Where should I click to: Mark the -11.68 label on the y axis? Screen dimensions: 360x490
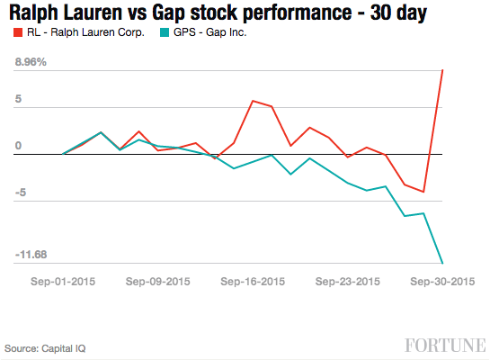tap(32, 256)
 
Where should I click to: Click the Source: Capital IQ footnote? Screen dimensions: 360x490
tap(46, 347)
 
